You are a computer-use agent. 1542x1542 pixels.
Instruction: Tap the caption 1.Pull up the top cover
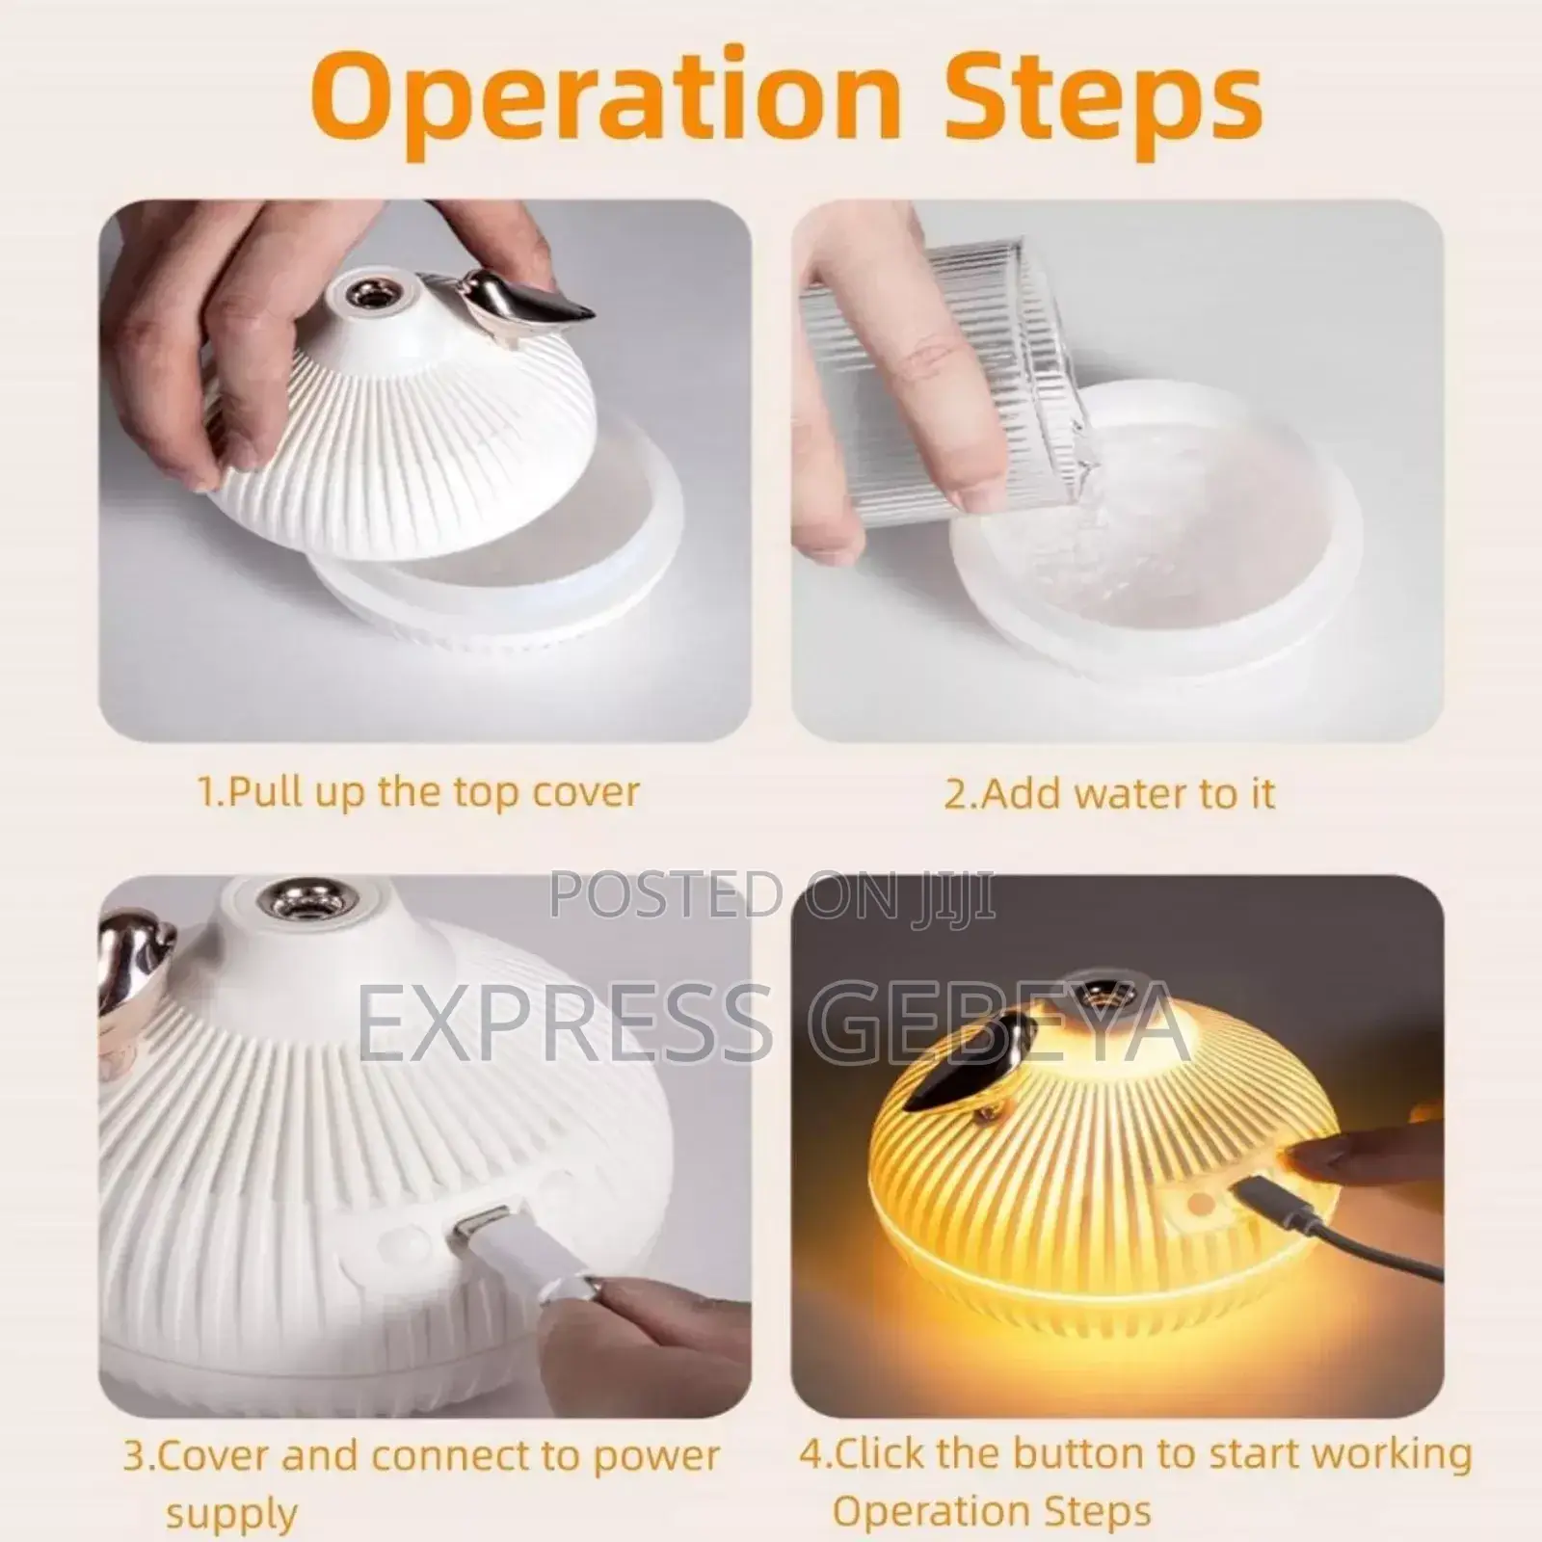[x=418, y=792]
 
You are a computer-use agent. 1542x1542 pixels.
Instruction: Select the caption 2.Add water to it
[x=1109, y=793]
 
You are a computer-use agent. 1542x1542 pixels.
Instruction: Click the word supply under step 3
[x=231, y=1513]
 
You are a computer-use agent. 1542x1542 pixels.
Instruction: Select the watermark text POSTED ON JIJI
[x=772, y=895]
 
